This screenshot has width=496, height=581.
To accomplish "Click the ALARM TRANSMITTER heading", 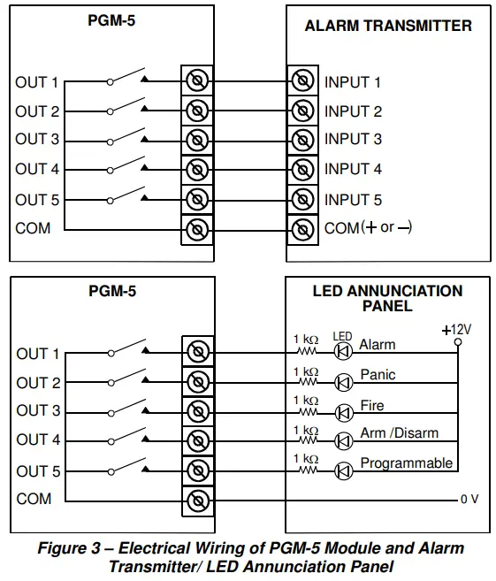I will (x=388, y=26).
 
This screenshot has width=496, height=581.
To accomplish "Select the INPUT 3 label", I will (x=353, y=140).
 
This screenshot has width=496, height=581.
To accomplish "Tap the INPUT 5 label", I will (x=353, y=200).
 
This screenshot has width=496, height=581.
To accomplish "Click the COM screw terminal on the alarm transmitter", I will (x=302, y=230).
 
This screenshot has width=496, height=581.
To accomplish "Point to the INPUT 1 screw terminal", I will (x=302, y=82).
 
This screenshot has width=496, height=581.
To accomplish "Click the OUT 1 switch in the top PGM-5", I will (x=126, y=78).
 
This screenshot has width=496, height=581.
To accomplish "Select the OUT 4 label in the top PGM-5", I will (x=37, y=169).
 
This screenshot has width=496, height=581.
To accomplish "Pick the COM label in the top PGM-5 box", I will (x=33, y=228).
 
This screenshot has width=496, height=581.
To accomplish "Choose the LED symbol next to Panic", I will (x=343, y=383).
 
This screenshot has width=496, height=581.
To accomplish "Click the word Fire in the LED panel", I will (x=371, y=405).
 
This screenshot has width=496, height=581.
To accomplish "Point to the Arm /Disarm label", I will (x=399, y=433).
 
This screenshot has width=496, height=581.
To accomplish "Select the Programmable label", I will (x=406, y=463).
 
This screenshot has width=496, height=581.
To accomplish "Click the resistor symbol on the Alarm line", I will (x=309, y=353).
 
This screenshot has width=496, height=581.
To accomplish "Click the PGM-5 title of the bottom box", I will (x=112, y=291).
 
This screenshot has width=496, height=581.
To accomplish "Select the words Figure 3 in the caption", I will (x=69, y=549).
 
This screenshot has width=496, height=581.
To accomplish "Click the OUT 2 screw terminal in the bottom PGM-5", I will (x=198, y=383).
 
